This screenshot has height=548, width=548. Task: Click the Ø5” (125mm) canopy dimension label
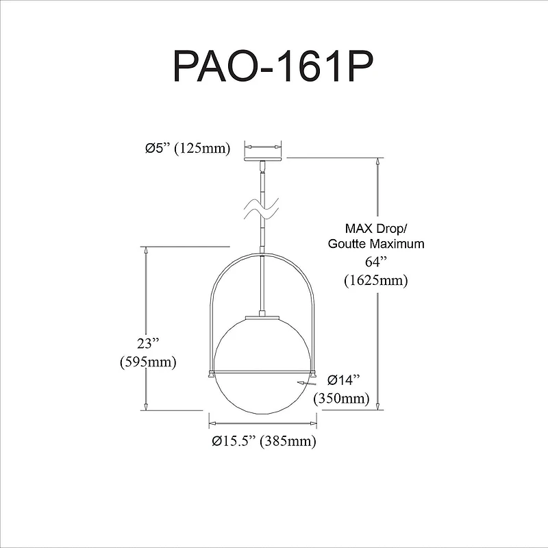point(187,148)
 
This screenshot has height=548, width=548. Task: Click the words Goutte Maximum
point(375,244)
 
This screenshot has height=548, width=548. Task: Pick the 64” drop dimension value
point(375,262)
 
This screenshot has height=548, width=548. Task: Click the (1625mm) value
point(375,279)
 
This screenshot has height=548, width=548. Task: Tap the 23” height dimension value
point(147,343)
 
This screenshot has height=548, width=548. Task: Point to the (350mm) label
point(341,398)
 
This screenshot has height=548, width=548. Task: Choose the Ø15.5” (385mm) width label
point(264,441)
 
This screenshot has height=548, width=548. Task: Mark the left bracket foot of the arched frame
point(212,374)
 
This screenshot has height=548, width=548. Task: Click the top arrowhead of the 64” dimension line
point(377,162)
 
